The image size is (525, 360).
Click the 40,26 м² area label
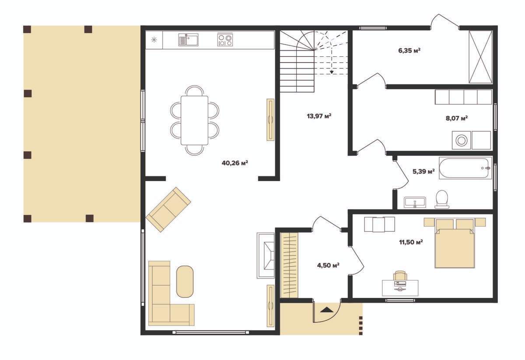235,163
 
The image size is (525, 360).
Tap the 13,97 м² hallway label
319,116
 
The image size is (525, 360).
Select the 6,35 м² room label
409,50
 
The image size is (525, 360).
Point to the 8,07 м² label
457,118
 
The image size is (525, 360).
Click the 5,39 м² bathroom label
423,171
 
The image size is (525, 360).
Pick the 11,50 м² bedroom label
411,242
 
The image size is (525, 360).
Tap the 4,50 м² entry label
328,266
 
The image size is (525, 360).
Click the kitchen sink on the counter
188,40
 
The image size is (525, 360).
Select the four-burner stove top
225,40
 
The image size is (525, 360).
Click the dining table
195,120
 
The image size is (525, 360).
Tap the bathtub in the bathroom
465,168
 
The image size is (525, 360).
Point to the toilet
442,199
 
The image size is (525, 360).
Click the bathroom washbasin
415,202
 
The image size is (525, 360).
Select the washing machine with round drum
461,140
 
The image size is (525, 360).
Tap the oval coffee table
185,282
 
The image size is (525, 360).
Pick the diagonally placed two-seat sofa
168,210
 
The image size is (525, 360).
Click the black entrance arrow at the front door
327,310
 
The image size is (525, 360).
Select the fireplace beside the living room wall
266,255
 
